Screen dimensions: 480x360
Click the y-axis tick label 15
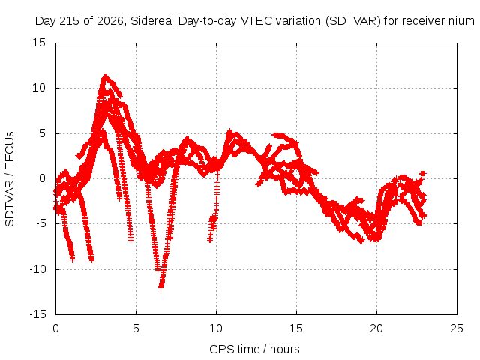coord(39,43)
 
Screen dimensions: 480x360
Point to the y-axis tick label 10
coord(39,88)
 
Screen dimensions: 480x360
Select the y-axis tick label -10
coord(37,269)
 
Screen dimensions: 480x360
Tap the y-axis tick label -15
coord(37,314)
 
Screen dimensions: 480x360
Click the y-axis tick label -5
coord(40,223)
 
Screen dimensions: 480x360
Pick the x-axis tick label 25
coord(457,328)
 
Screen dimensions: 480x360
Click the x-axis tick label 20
coord(376,328)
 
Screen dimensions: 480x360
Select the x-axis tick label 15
coord(296,328)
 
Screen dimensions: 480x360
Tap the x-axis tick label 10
coord(216,328)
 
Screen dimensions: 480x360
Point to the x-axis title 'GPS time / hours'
coord(255,349)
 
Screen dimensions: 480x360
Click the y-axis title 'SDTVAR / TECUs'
coord(10,179)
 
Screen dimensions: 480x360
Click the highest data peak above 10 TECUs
coord(106,75)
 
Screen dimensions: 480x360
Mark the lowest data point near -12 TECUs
coord(161,286)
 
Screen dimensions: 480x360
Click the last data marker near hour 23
coord(423,173)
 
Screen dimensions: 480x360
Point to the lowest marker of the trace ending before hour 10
coord(210,239)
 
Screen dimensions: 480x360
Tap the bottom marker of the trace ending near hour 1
coord(72,259)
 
